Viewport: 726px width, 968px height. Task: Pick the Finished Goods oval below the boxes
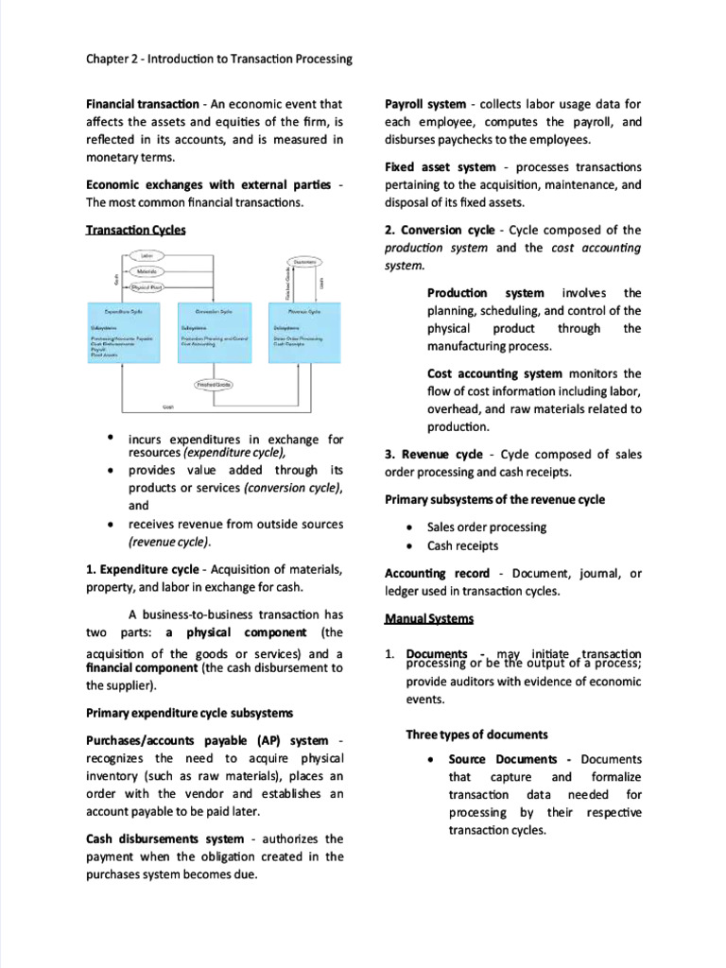pos(214,385)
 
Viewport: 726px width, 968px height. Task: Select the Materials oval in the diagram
pos(146,270)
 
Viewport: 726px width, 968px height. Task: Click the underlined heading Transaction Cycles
pos(135,230)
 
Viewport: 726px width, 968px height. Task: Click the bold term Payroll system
pos(425,104)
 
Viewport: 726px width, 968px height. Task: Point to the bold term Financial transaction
pos(142,104)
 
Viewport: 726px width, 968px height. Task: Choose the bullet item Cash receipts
pos(462,545)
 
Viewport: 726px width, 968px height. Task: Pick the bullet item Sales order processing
pos(486,527)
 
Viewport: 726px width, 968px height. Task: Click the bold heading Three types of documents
pos(477,735)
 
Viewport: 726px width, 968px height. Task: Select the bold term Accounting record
pos(438,573)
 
